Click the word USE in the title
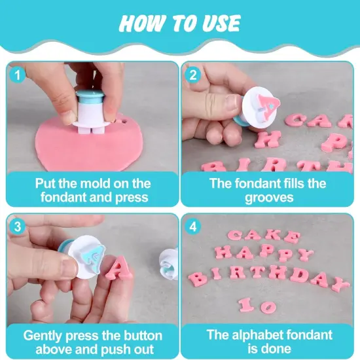pos(221,23)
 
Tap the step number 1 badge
pos(18,75)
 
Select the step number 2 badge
pos(193,75)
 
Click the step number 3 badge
pos(18,227)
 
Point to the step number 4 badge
pos(193,227)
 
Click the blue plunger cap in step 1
pos(90,96)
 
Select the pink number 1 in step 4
pos(246,305)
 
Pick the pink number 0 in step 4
pos(268,307)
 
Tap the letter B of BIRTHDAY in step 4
pos(198,279)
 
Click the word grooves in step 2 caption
pos(269,198)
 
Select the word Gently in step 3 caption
pos(43,336)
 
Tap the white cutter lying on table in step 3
pos(169,263)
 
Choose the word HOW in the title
pos(142,23)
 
